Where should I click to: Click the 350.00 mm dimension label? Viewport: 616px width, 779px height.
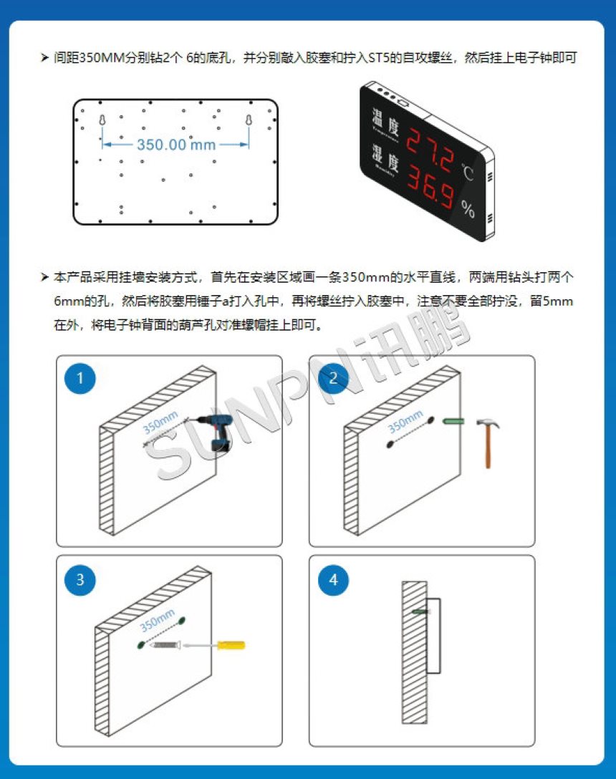pos(176,145)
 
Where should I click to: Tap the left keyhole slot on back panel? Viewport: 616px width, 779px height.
pos(102,120)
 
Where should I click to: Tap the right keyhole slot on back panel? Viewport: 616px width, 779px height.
pos(249,120)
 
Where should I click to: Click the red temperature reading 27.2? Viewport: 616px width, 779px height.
pos(430,146)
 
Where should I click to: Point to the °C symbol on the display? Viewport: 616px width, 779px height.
pos(467,173)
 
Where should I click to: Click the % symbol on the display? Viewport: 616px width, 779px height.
pos(468,210)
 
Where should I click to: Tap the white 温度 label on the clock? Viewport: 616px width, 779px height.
pos(385,120)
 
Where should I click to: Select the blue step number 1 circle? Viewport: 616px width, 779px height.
pos(80,379)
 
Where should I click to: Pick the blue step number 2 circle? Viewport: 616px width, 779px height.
pos(333,379)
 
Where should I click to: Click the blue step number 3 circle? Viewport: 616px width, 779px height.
pos(80,579)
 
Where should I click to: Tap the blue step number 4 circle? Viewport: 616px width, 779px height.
pos(333,579)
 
